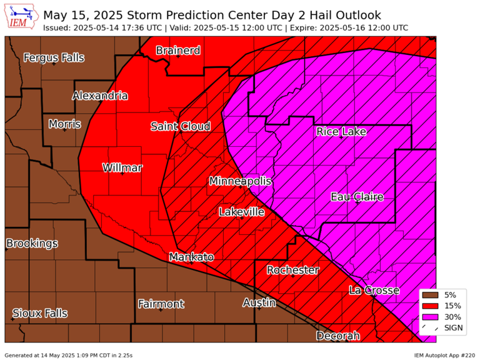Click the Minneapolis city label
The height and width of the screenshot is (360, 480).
[241, 181]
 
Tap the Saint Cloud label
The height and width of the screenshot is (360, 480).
[181, 127]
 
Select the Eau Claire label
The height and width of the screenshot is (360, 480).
[357, 197]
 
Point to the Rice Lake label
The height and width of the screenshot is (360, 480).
[341, 131]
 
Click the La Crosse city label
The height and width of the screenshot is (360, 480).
[374, 291]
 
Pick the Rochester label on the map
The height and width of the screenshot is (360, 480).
[292, 271]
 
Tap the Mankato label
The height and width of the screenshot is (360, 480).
[191, 257]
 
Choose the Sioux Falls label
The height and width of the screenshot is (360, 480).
[39, 313]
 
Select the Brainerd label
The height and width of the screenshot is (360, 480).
[178, 51]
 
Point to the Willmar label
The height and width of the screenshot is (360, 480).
[122, 168]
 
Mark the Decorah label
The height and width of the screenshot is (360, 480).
[337, 336]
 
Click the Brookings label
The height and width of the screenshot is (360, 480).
[32, 243]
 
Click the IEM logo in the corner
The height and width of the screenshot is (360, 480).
[22, 17]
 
